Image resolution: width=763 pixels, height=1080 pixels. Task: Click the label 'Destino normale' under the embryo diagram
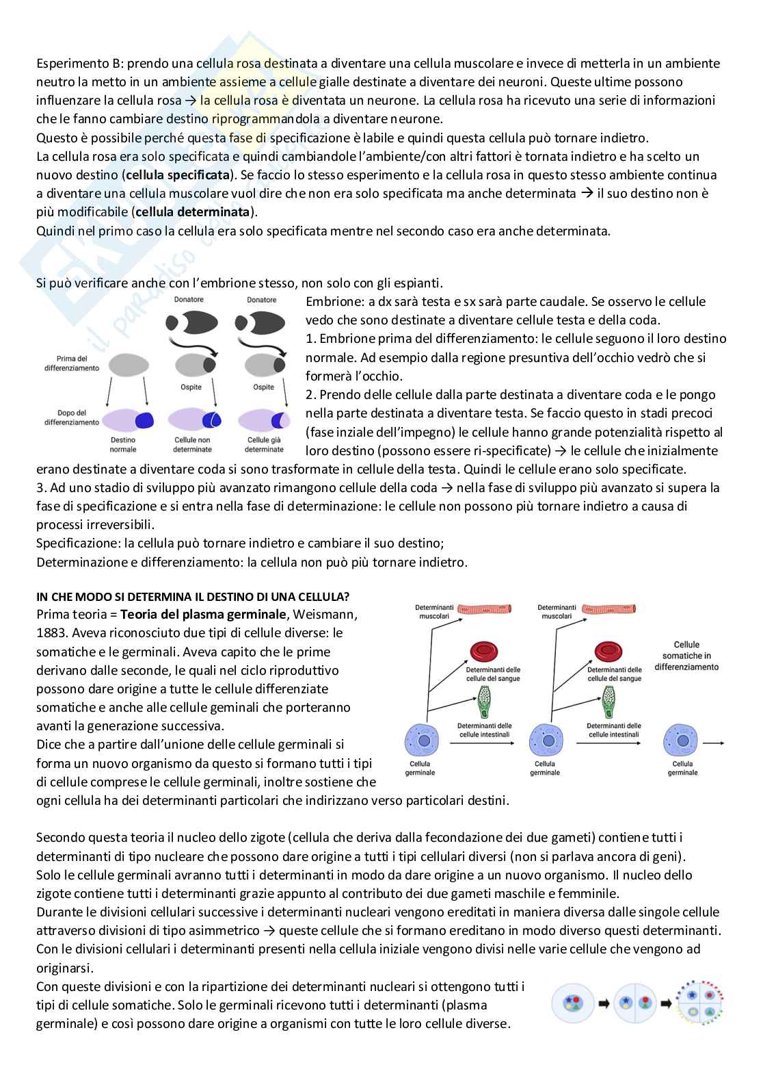tap(123, 445)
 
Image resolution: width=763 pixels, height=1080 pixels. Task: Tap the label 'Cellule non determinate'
tap(193, 445)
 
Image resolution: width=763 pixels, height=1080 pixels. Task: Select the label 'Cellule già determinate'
tap(265, 445)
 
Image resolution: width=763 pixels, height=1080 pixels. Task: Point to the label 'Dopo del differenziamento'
tap(72, 417)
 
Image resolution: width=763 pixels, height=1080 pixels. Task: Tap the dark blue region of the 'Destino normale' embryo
tap(144, 420)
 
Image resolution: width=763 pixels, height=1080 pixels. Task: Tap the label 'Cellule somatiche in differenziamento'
tap(686, 655)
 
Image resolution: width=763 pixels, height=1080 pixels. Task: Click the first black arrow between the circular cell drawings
tap(604, 1003)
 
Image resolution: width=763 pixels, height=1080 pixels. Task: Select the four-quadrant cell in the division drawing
tap(701, 1003)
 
